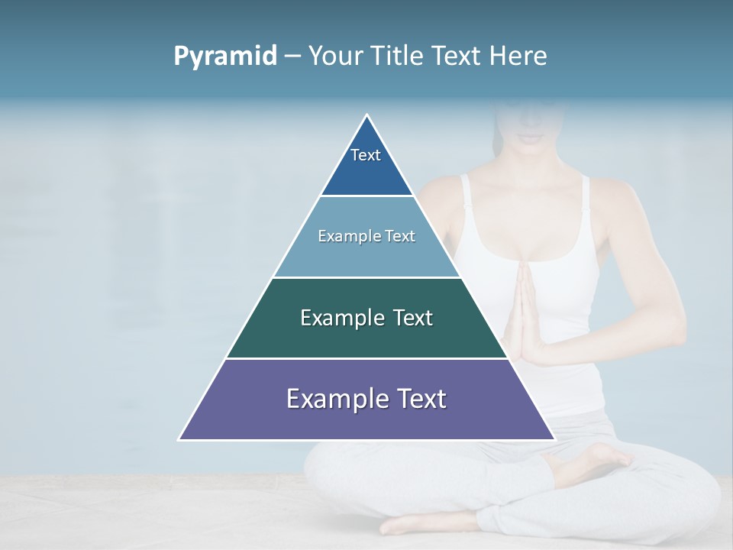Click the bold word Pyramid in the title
pyautogui.click(x=224, y=57)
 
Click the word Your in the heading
pyautogui.click(x=335, y=57)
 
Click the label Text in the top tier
pyautogui.click(x=366, y=155)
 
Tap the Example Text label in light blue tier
pyautogui.click(x=366, y=236)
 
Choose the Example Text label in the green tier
pyautogui.click(x=366, y=318)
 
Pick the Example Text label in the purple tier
pyautogui.click(x=366, y=399)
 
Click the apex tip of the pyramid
pyautogui.click(x=367, y=116)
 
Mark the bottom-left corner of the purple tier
pyautogui.click(x=180, y=438)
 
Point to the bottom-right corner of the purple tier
pyautogui.click(x=554, y=438)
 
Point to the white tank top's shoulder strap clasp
pyautogui.click(x=585, y=209)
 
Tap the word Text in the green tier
pyautogui.click(x=412, y=318)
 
